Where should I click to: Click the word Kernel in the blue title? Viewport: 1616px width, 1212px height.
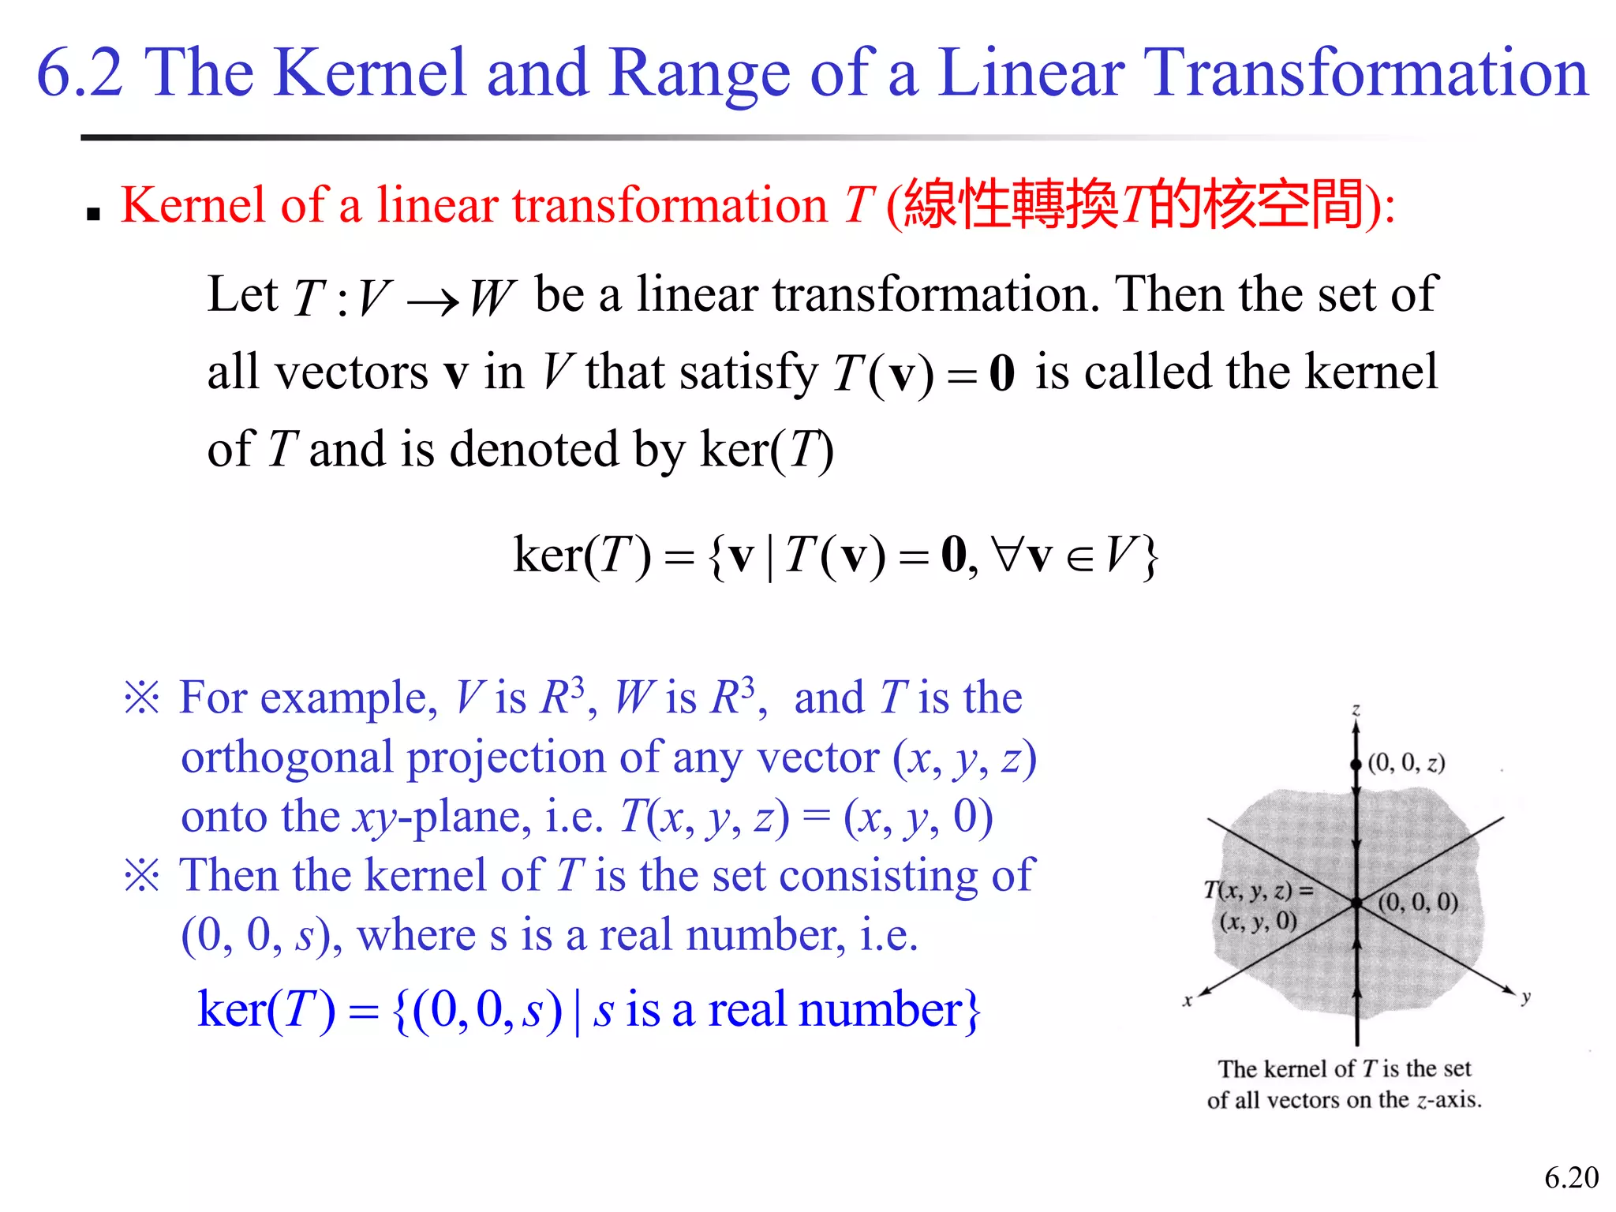[x=372, y=73]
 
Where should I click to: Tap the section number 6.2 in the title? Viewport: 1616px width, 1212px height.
[x=80, y=73]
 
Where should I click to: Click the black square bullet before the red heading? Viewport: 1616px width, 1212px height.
[x=94, y=213]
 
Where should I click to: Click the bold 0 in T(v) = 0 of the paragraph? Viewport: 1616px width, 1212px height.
[x=1001, y=373]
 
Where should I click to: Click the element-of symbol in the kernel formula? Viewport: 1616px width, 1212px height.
[x=1079, y=557]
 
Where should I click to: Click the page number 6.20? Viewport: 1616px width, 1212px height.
[x=1571, y=1178]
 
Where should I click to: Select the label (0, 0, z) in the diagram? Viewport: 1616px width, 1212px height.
[x=1406, y=762]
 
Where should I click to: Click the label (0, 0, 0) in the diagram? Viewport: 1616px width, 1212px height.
[x=1418, y=901]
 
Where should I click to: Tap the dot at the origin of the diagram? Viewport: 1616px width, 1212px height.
[x=1356, y=903]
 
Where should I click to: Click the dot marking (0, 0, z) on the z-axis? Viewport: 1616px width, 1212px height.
[x=1356, y=764]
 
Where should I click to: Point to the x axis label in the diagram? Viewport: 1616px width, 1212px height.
[x=1187, y=1001]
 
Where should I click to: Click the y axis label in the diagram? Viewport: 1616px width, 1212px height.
[x=1526, y=997]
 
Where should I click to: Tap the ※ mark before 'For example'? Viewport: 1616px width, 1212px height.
[x=142, y=698]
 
